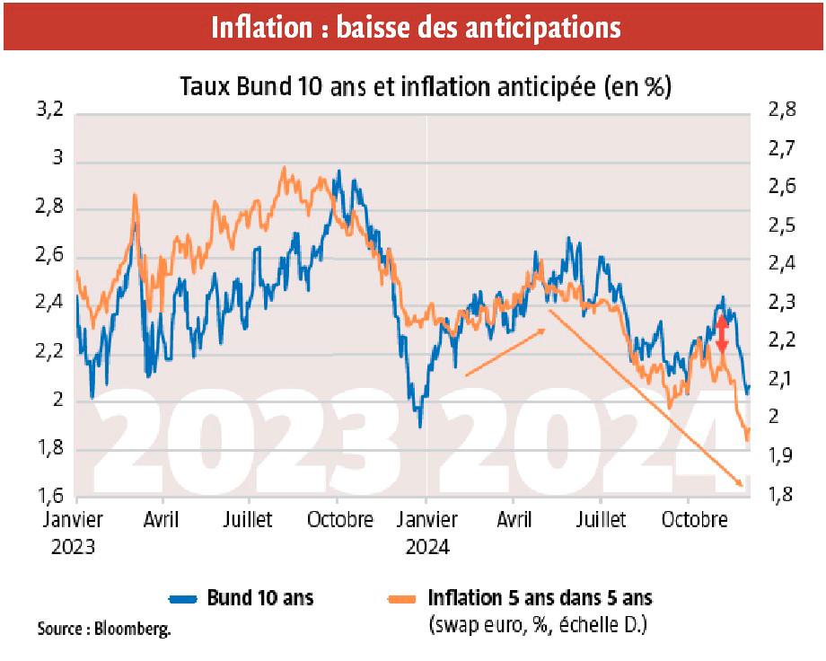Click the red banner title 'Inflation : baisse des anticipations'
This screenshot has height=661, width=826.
(415, 27)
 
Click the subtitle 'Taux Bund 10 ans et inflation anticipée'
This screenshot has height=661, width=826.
(414, 87)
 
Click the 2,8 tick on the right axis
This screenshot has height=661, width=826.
(782, 111)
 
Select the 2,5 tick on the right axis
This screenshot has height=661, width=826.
(782, 226)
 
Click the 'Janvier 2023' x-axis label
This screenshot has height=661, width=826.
(73, 532)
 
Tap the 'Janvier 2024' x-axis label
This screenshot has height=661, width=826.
(428, 532)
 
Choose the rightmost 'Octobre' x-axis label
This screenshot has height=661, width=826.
(696, 520)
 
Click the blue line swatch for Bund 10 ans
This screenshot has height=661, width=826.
(184, 598)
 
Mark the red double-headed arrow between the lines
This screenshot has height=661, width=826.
(722, 334)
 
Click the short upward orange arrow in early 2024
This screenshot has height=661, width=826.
(505, 351)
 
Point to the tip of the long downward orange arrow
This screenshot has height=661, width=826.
(743, 486)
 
